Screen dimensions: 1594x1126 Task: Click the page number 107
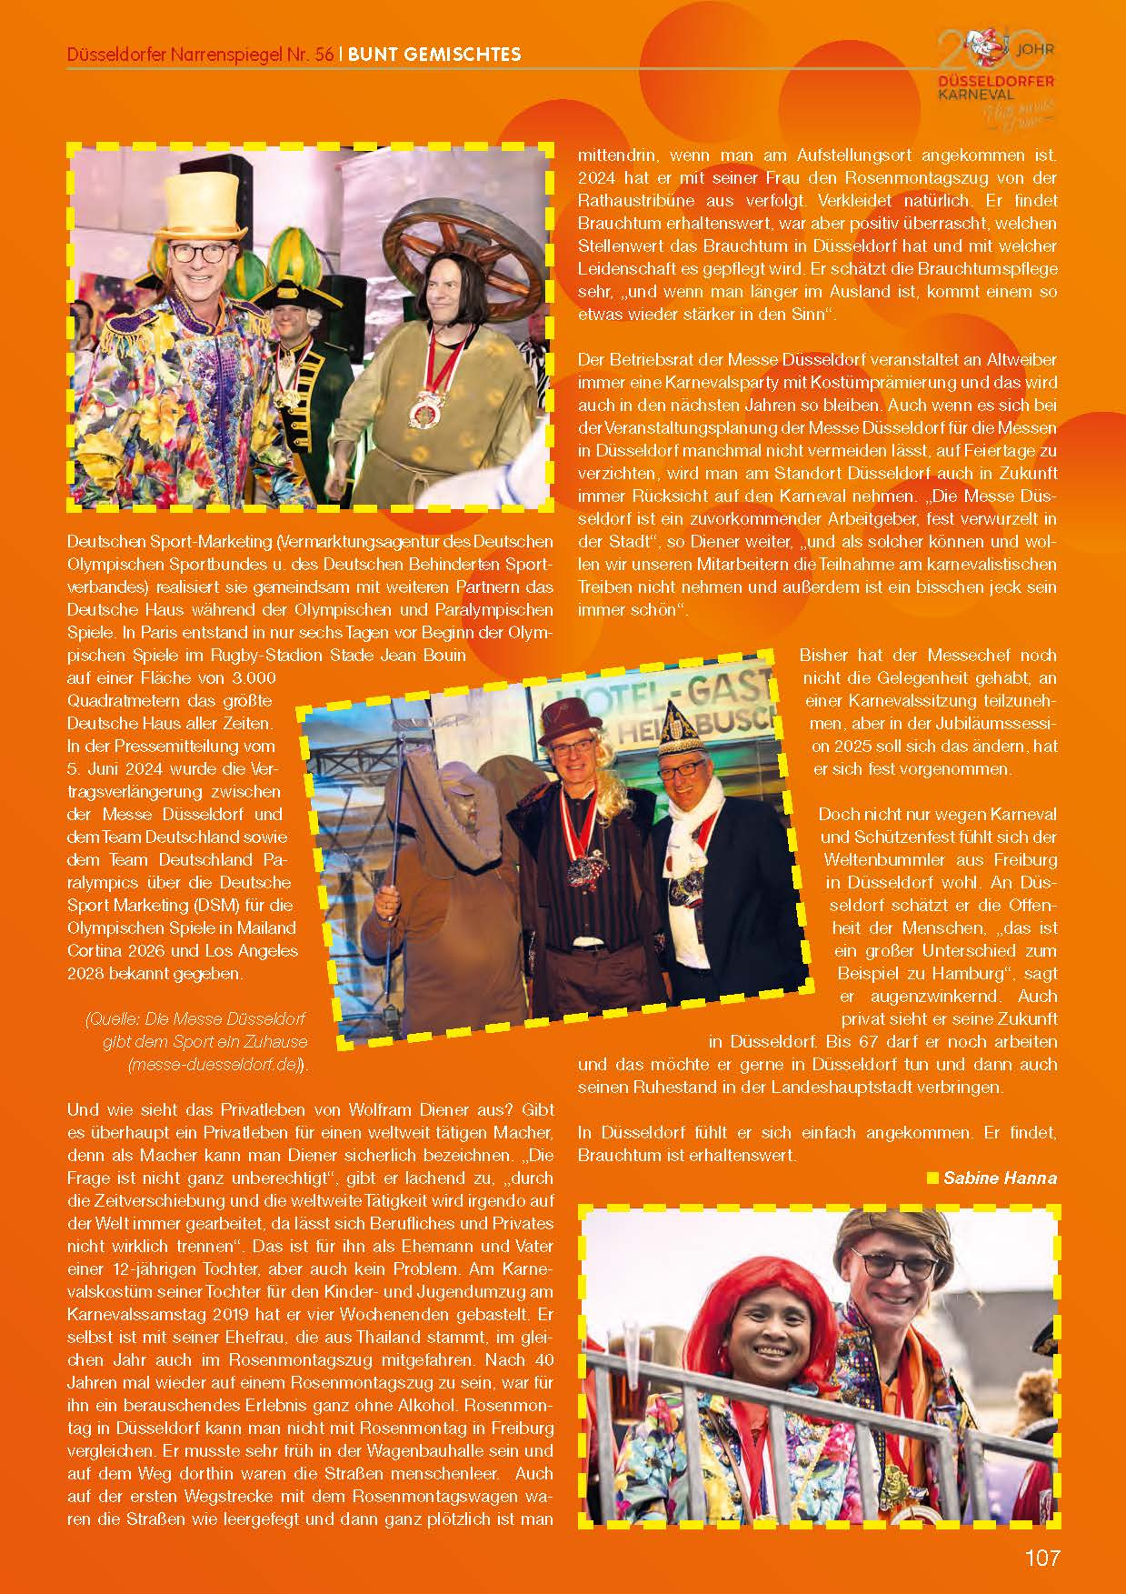pyautogui.click(x=1041, y=1558)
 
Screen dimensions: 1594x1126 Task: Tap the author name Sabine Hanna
pyautogui.click(x=1000, y=1178)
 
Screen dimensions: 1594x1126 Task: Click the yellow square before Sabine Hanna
pyautogui.click(x=931, y=1178)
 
